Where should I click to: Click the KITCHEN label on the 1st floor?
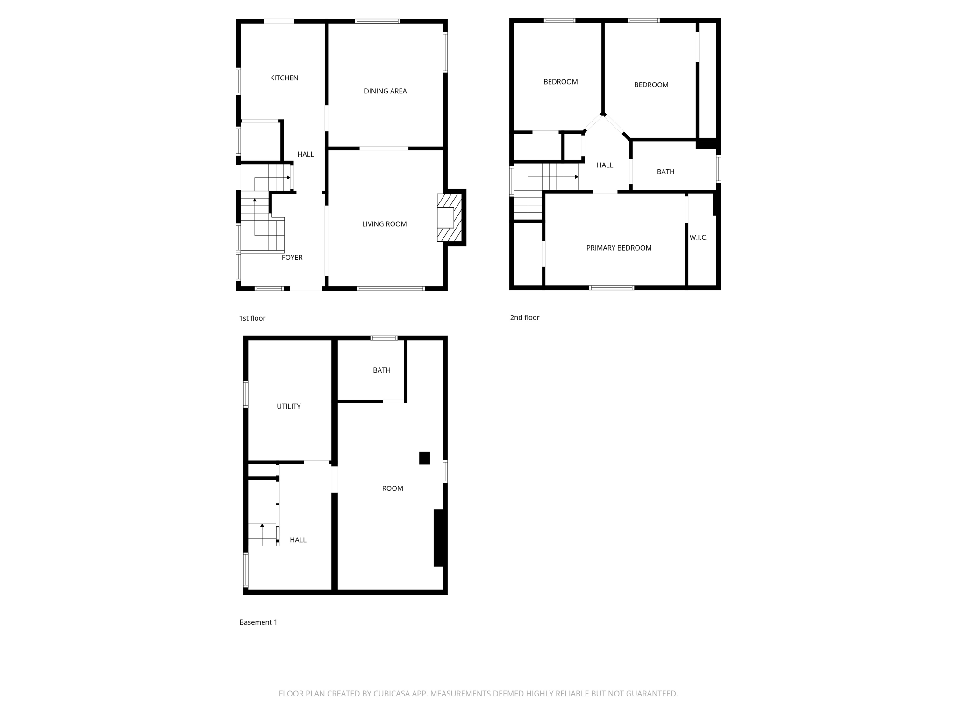pyautogui.click(x=284, y=78)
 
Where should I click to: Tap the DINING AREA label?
pyautogui.click(x=385, y=91)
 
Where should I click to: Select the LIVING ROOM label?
pyautogui.click(x=384, y=224)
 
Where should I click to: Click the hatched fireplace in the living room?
pyautogui.click(x=449, y=217)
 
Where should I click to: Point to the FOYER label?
pyautogui.click(x=292, y=258)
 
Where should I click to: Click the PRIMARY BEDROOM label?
pyautogui.click(x=619, y=248)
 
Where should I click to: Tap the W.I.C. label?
pyautogui.click(x=698, y=237)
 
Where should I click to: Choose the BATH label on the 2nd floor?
pyautogui.click(x=665, y=172)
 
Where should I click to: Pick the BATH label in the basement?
pyautogui.click(x=381, y=370)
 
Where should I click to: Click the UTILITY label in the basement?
pyautogui.click(x=288, y=406)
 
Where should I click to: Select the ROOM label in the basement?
pyautogui.click(x=392, y=488)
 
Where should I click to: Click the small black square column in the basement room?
pyautogui.click(x=424, y=458)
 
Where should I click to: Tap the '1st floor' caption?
pyautogui.click(x=252, y=318)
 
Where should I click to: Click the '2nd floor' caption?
pyautogui.click(x=524, y=317)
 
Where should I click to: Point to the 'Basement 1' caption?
pyautogui.click(x=258, y=622)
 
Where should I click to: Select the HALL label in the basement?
pyautogui.click(x=298, y=540)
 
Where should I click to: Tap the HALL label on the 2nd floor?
pyautogui.click(x=605, y=165)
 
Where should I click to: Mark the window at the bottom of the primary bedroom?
pyautogui.click(x=611, y=287)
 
